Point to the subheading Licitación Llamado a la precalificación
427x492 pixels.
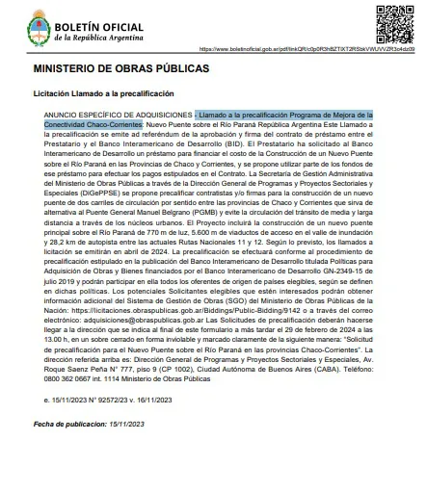tap(103, 93)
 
